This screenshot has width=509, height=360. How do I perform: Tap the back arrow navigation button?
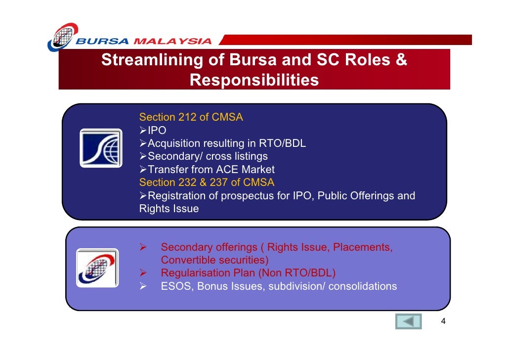pyautogui.click(x=408, y=321)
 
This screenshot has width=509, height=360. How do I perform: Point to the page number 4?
pyautogui.click(x=443, y=321)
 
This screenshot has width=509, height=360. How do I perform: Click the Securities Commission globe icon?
pyautogui.click(x=101, y=148)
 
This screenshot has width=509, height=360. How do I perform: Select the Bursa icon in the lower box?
pyautogui.click(x=97, y=268)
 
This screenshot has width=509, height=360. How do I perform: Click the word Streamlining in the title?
pyautogui.click(x=152, y=60)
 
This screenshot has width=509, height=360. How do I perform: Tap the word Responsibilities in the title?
pyautogui.click(x=254, y=80)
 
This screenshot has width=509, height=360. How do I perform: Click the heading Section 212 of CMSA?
pyautogui.click(x=191, y=117)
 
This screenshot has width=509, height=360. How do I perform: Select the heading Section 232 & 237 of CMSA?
pyautogui.click(x=207, y=182)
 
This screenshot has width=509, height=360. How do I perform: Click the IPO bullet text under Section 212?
pyautogui.click(x=157, y=130)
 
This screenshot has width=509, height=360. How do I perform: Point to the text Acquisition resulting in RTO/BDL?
pyautogui.click(x=227, y=143)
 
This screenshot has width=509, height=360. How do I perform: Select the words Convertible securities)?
pyautogui.click(x=214, y=260)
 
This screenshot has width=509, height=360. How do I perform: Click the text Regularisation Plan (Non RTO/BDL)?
pyautogui.click(x=249, y=273)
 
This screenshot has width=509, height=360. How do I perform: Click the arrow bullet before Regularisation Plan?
pyautogui.click(x=143, y=273)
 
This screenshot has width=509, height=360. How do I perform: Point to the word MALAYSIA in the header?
pyautogui.click(x=172, y=41)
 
